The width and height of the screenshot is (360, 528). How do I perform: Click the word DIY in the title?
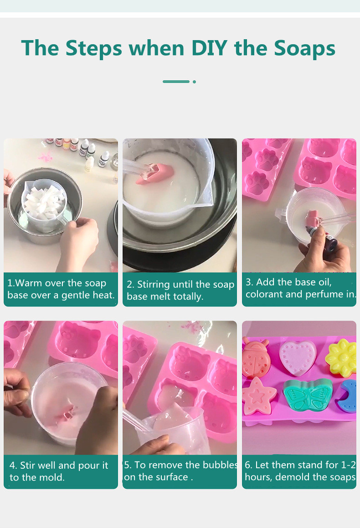click(x=209, y=48)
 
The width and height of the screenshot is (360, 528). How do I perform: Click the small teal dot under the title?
click(x=194, y=82)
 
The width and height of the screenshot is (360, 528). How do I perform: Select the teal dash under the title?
click(x=176, y=82)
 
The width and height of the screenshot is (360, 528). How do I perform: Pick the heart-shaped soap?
click(x=298, y=357)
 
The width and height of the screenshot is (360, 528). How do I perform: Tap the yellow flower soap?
click(x=341, y=357)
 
